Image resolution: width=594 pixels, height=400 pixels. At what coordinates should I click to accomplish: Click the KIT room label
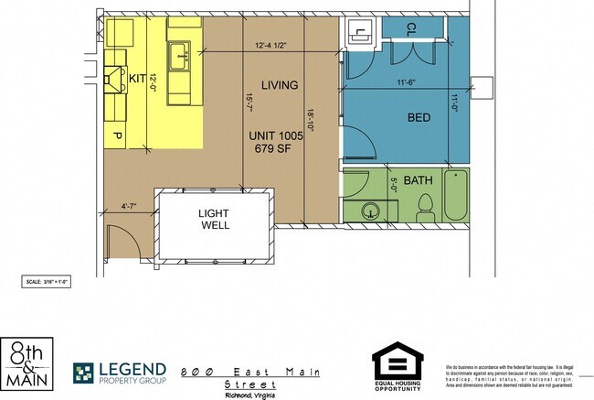138,79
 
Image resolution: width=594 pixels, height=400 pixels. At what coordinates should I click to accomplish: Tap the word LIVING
280,85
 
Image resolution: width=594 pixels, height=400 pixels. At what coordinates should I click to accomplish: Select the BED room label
419,117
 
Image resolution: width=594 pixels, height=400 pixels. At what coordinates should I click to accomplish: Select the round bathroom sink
370,210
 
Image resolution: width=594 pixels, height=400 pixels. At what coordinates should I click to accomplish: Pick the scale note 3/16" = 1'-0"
46,282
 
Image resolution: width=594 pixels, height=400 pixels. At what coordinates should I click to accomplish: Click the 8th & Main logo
27,363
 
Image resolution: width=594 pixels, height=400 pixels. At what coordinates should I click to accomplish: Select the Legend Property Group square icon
85,373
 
